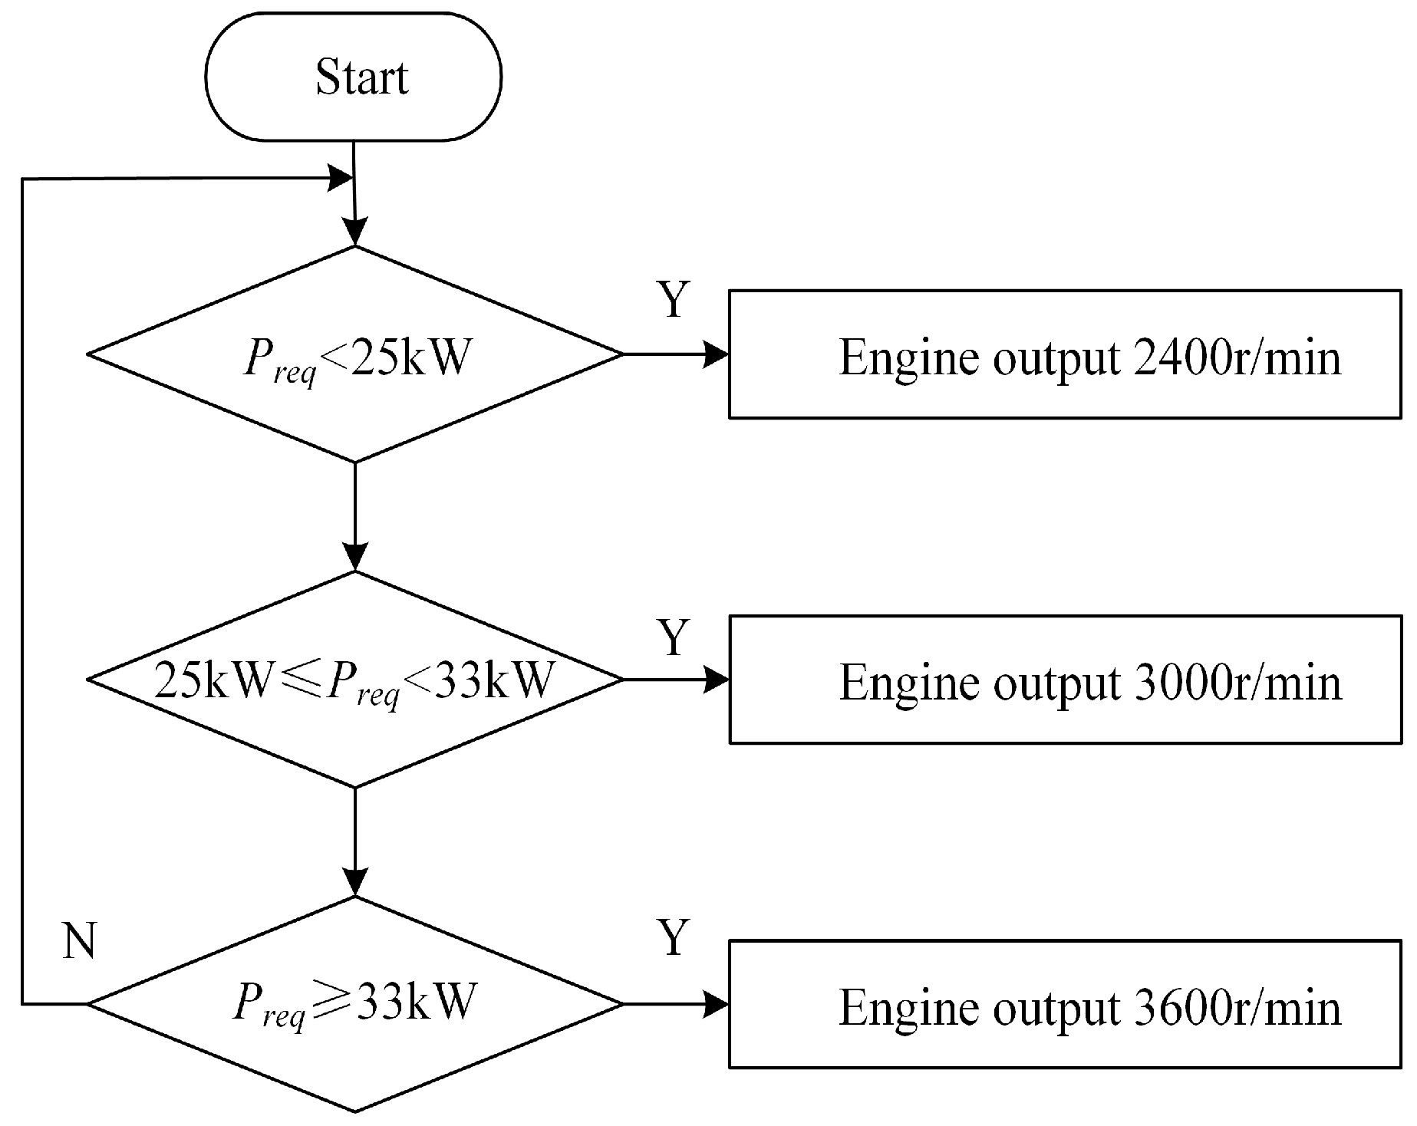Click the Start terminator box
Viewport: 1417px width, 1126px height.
coord(354,77)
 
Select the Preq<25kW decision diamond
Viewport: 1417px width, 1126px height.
coord(354,354)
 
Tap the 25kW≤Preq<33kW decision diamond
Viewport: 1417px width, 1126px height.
coord(354,680)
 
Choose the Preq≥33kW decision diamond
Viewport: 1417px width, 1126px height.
coord(354,1003)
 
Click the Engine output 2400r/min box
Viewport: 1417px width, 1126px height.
coord(1065,354)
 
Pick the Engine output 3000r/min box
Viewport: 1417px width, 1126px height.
coord(1065,680)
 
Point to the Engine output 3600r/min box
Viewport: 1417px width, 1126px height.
coord(1065,1003)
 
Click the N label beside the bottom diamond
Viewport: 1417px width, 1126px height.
coord(79,940)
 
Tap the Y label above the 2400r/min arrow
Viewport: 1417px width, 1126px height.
coord(674,300)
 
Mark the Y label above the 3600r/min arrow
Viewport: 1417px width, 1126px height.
coord(674,937)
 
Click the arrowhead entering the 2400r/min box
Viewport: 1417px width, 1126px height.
coord(717,354)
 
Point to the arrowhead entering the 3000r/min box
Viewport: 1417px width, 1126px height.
coord(717,680)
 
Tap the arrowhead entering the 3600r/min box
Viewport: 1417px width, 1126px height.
coord(717,1003)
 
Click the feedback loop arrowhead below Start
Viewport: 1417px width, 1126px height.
coord(341,179)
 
